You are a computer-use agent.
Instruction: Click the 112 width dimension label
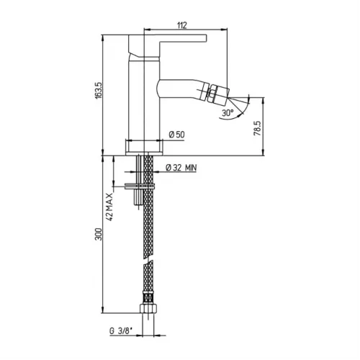point(182,25)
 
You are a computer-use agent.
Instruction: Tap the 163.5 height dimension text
point(99,91)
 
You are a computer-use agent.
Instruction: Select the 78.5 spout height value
point(257,128)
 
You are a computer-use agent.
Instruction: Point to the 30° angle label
point(228,112)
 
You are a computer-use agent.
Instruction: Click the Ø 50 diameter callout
point(177,135)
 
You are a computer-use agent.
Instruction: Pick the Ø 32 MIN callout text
point(181,168)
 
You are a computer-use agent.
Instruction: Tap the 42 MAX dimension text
point(109,207)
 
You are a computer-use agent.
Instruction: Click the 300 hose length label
point(99,234)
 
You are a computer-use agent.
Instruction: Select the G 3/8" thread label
point(121,331)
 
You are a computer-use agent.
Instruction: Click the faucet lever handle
point(167,45)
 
